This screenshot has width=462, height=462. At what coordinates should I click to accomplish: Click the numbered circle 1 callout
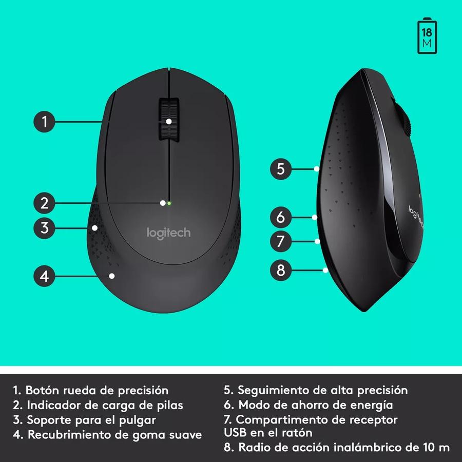45,122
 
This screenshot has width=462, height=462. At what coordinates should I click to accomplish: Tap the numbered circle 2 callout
45,203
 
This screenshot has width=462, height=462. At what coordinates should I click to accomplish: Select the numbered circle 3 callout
45,227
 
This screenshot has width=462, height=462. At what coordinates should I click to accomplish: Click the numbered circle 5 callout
280,169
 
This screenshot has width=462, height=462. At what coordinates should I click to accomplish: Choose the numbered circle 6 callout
280,217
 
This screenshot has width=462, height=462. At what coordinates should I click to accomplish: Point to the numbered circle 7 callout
280,241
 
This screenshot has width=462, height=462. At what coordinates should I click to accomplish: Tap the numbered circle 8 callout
280,270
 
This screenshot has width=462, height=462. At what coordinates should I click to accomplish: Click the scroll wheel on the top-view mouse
168,119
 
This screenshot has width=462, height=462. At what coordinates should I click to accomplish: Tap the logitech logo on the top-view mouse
169,233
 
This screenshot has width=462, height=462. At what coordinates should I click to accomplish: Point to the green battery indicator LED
169,203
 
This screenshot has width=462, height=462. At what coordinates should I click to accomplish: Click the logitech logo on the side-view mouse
416,216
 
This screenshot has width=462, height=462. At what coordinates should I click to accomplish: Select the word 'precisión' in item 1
144,391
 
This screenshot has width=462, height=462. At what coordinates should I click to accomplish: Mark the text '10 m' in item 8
436,447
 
